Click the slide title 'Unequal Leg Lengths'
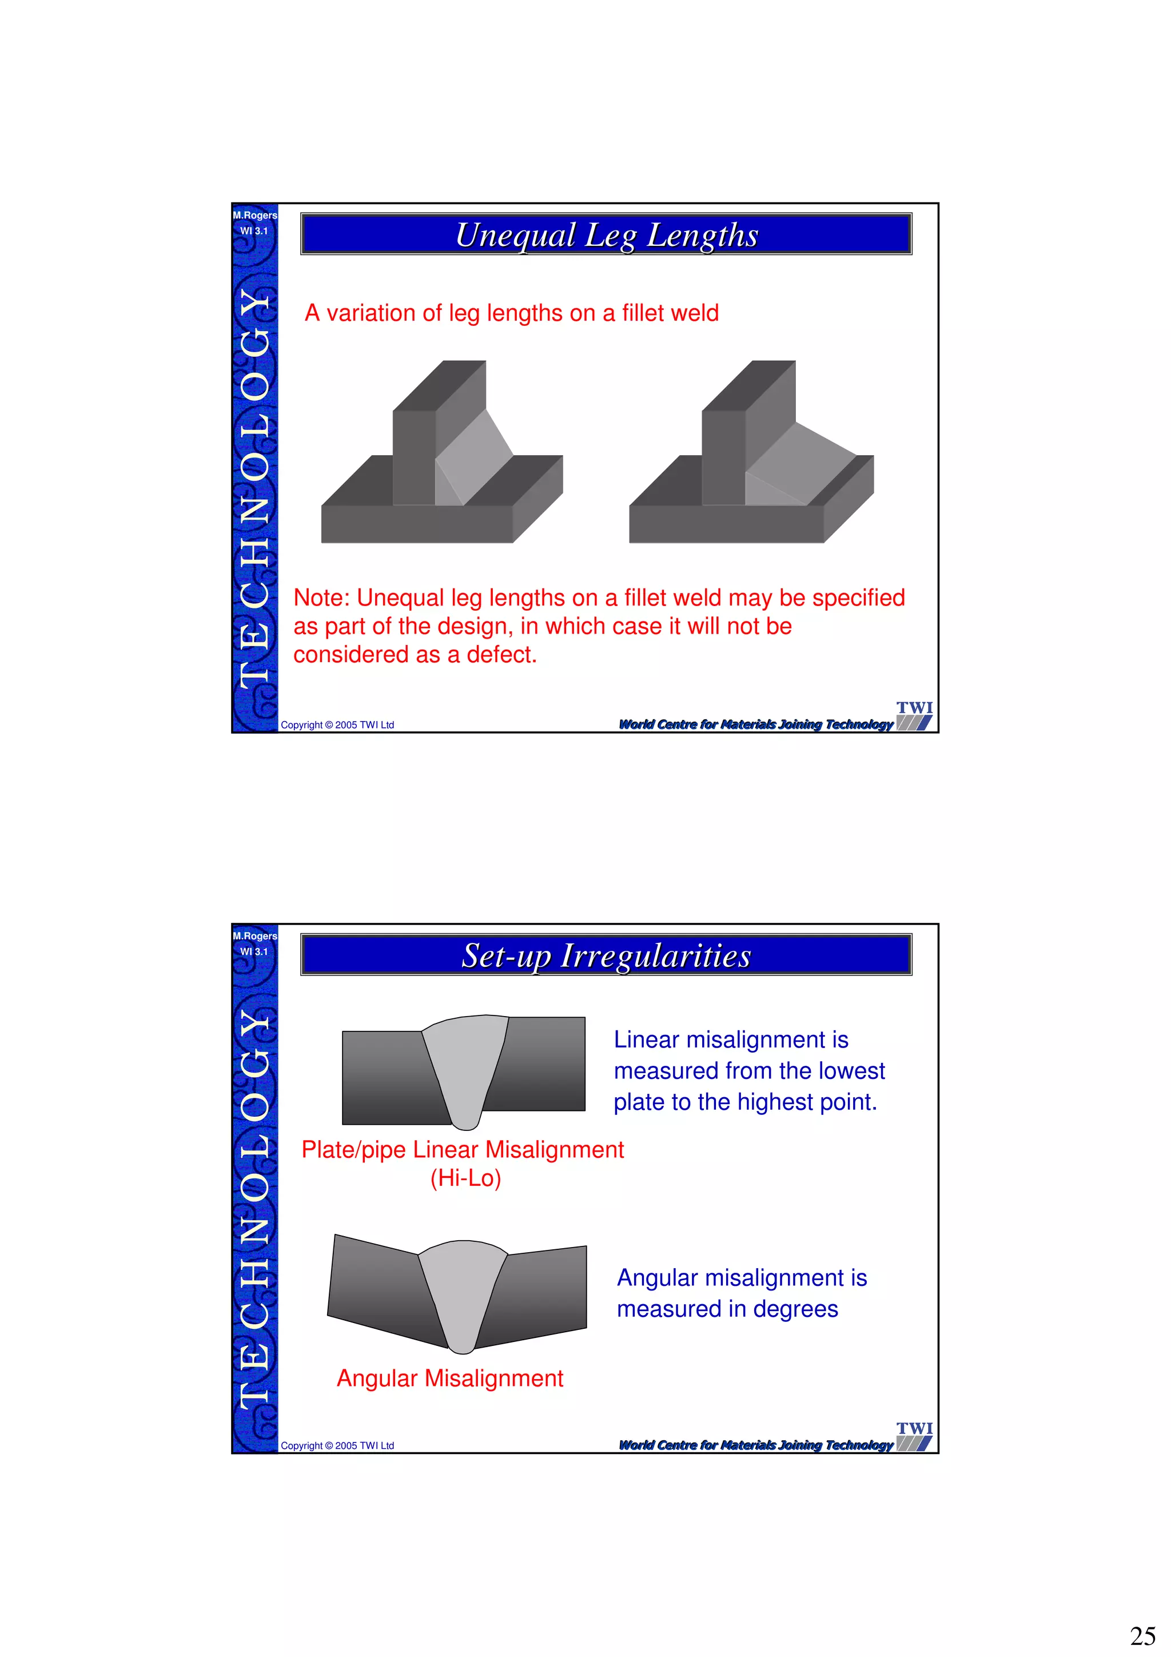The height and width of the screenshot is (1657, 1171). (x=607, y=235)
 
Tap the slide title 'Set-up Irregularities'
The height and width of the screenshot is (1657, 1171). (x=607, y=955)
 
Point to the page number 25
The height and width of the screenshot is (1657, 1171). (x=1143, y=1635)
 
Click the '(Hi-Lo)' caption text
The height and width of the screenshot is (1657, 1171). (x=465, y=1178)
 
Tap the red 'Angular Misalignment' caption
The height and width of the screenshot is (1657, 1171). (x=449, y=1378)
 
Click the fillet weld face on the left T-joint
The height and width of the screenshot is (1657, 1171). (x=473, y=457)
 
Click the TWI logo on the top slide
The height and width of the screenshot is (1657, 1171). (x=914, y=715)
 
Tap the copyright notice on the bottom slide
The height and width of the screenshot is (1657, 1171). (x=337, y=1445)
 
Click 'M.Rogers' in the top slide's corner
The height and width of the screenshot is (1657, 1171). (x=254, y=215)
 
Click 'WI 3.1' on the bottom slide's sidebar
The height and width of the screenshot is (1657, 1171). (x=254, y=952)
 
